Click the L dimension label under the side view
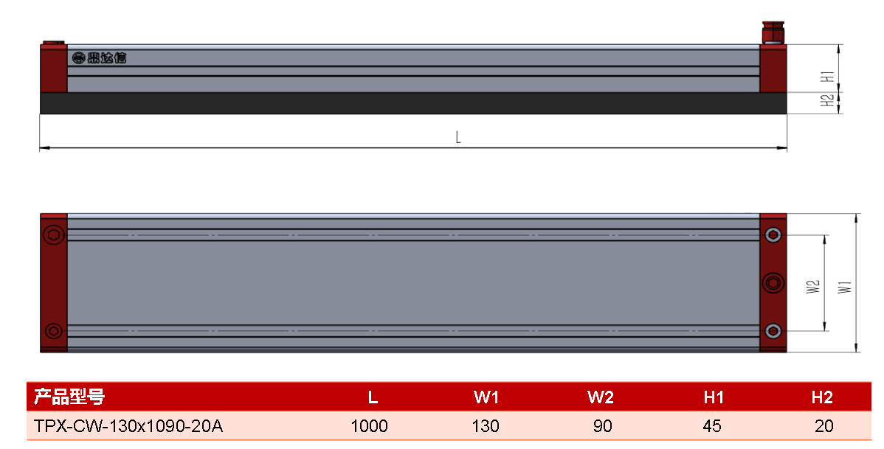pyautogui.click(x=458, y=137)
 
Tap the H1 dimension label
pyautogui.click(x=827, y=77)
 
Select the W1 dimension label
pyautogui.click(x=845, y=287)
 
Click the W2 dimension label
pyautogui.click(x=813, y=287)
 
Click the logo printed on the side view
pyautogui.click(x=99, y=58)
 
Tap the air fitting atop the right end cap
pyautogui.click(x=772, y=32)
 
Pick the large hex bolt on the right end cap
pyautogui.click(x=773, y=283)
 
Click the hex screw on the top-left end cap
pyautogui.click(x=54, y=234)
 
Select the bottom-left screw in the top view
pyautogui.click(x=54, y=331)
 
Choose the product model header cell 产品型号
pyautogui.click(x=69, y=397)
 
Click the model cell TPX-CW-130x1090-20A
pyautogui.click(x=128, y=426)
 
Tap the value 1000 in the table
pyautogui.click(x=369, y=426)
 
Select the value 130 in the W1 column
pyautogui.click(x=486, y=426)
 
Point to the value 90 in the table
pyautogui.click(x=602, y=426)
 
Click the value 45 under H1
pyautogui.click(x=712, y=426)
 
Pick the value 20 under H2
pyautogui.click(x=823, y=426)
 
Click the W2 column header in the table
pyautogui.click(x=601, y=397)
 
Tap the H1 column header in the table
pyautogui.click(x=713, y=397)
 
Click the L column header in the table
pyautogui.click(x=373, y=397)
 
